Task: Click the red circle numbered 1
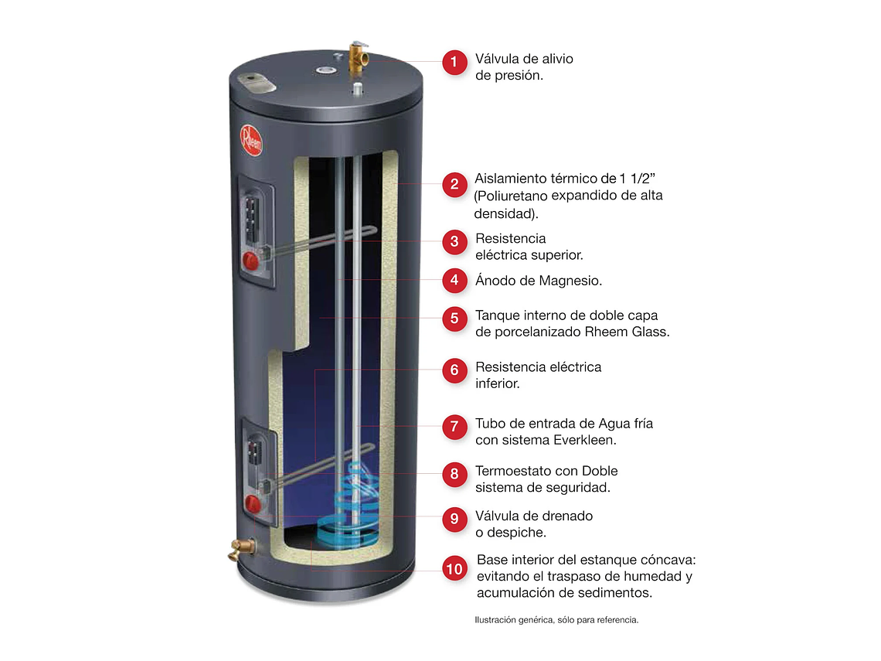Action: tap(454, 62)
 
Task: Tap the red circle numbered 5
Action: tap(454, 318)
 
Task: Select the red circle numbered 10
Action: tap(454, 569)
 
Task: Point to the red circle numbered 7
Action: tap(454, 426)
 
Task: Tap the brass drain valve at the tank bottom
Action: tap(243, 550)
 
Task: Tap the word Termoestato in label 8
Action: tap(512, 471)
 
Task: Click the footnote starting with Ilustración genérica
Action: tap(556, 619)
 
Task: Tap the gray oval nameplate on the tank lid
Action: tap(251, 80)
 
